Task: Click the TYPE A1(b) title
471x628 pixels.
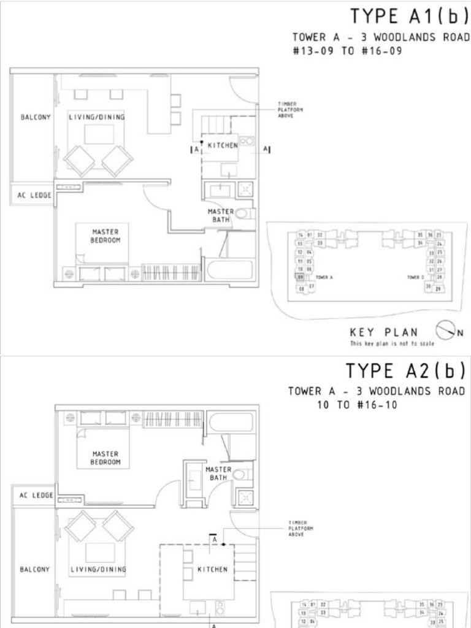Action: (x=408, y=15)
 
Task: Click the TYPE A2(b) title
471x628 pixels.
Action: (x=407, y=371)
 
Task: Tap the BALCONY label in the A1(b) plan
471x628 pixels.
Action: (x=36, y=117)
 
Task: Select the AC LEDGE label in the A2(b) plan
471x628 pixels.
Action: (x=34, y=495)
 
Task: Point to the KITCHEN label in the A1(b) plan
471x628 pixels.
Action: (x=223, y=145)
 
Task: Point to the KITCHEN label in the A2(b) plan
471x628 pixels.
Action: (x=213, y=569)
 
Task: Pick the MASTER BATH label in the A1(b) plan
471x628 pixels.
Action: (x=221, y=215)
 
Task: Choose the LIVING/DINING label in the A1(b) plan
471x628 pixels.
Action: (x=97, y=117)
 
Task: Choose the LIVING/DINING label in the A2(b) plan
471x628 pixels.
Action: (x=98, y=569)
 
